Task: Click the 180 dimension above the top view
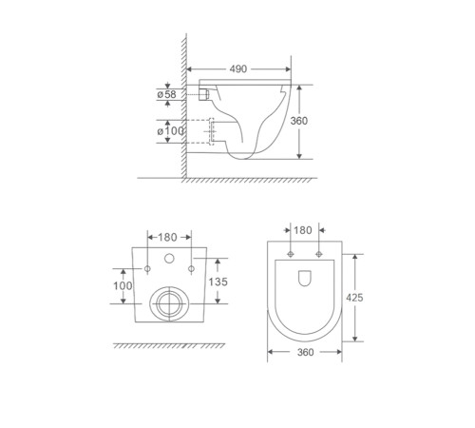click(303, 230)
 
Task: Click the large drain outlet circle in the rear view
click(170, 303)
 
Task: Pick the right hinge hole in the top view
click(317, 254)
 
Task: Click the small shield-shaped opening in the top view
click(303, 279)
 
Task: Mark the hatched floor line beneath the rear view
click(171, 345)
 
